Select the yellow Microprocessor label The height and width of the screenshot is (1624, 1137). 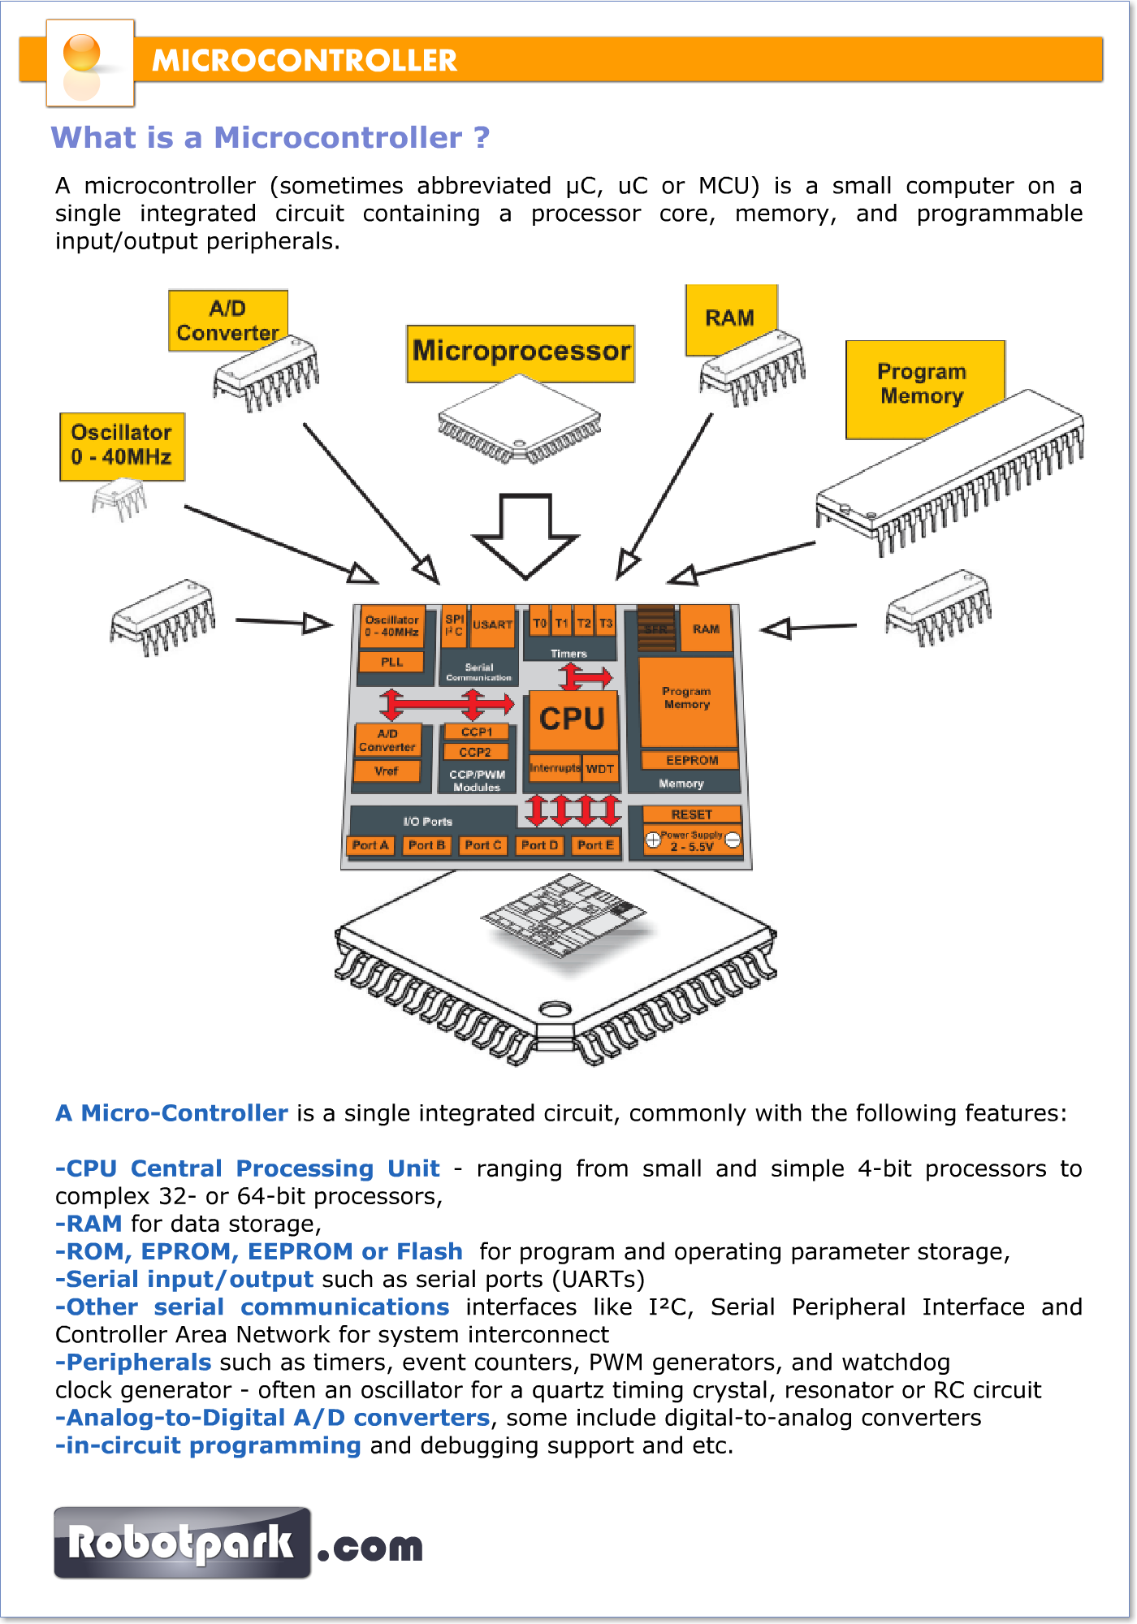521,352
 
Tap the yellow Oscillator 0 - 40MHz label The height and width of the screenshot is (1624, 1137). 122,446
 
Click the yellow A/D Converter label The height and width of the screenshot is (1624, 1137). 227,320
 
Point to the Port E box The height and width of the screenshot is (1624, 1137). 595,845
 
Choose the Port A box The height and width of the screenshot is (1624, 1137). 370,845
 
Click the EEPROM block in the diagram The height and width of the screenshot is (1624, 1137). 691,761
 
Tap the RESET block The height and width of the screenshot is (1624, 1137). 691,814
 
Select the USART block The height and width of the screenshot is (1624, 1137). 493,625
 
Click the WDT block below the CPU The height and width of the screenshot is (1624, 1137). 600,769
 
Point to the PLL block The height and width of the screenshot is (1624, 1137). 392,662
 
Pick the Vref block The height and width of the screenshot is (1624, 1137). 387,771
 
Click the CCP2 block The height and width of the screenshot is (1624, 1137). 475,752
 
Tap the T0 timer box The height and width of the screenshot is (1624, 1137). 540,624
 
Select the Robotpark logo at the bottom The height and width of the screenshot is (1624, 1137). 183,1543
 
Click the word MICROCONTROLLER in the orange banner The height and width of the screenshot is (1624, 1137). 305,61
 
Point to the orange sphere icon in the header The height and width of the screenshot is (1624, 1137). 82,53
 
